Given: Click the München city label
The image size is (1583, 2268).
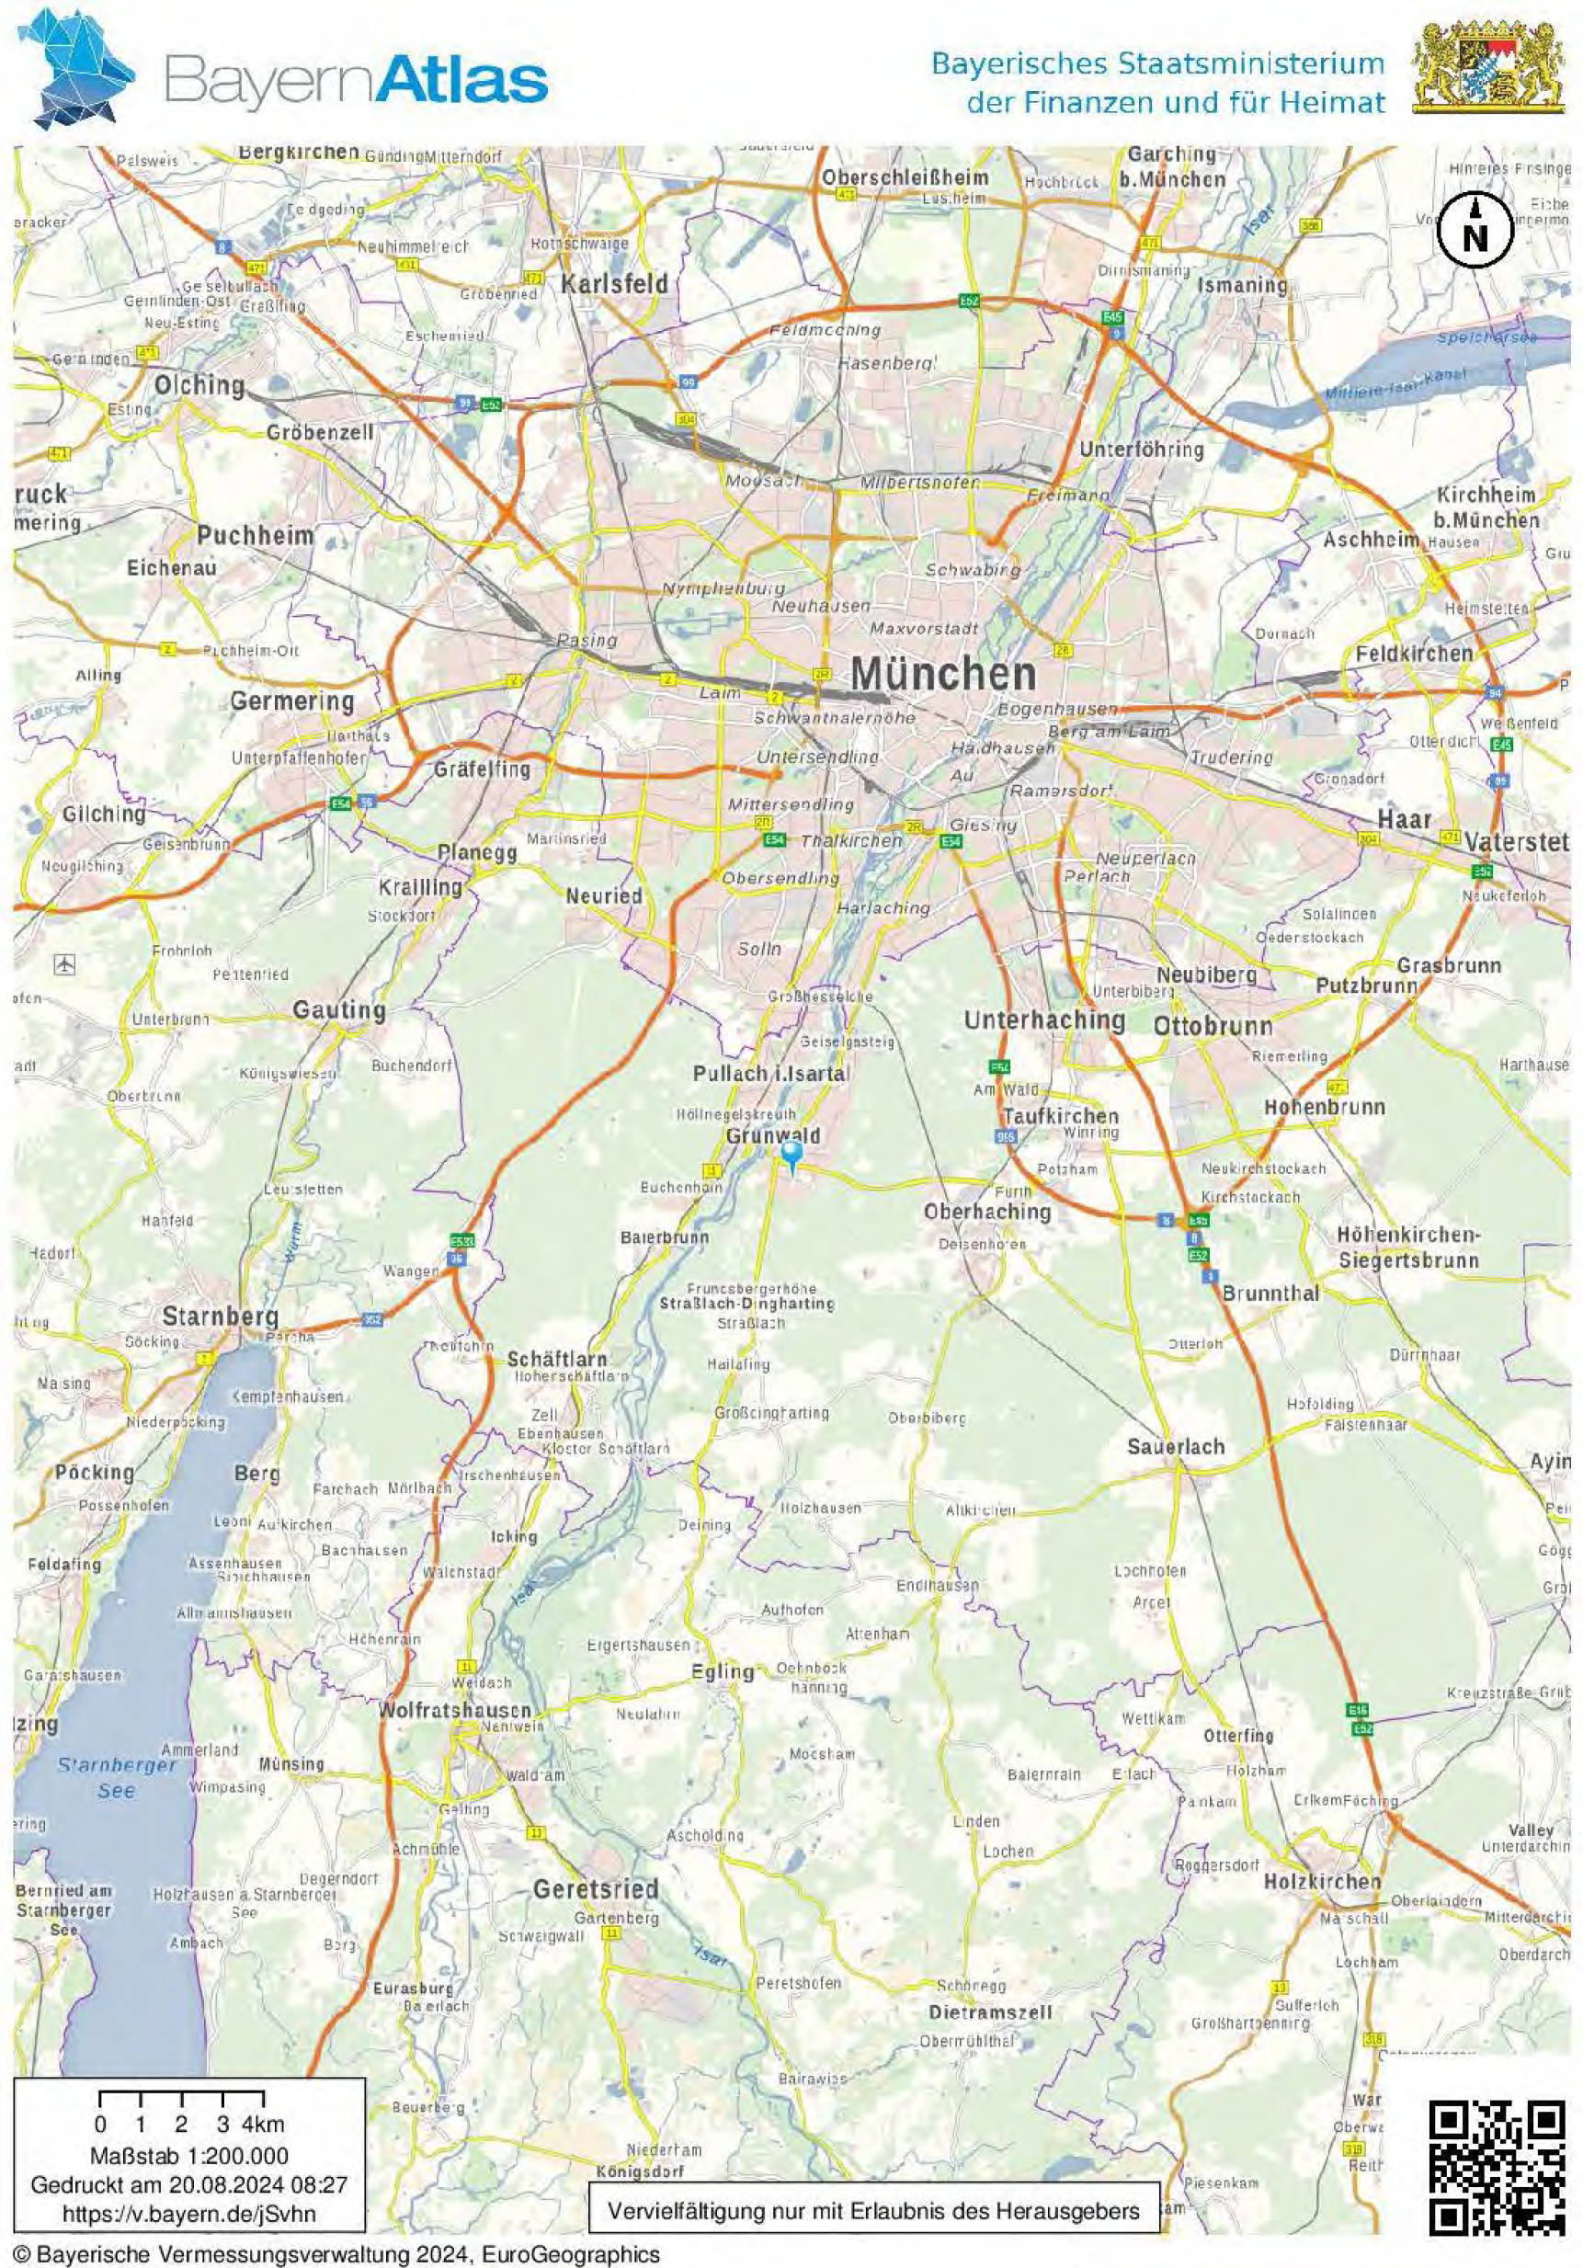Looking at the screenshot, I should click(943, 674).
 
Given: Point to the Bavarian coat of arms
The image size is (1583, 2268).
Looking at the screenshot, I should click(1491, 66).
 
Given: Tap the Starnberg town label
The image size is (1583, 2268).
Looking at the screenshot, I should click(221, 1316).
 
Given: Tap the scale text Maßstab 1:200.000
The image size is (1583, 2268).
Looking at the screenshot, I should click(189, 2156).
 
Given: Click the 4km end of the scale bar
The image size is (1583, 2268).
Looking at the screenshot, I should click(263, 2124).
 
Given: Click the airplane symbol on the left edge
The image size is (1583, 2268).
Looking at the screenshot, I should click(65, 963).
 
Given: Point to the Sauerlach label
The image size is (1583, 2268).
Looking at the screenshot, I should click(1175, 1446).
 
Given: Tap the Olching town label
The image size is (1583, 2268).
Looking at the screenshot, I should click(199, 384).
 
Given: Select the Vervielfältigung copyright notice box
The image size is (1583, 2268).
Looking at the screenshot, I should click(873, 2210).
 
